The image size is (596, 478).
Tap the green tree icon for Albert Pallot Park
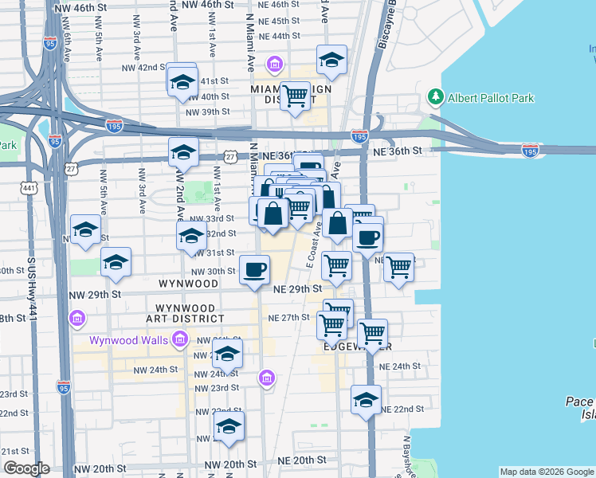pyautogui.click(x=435, y=97)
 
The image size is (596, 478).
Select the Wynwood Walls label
pyautogui.click(x=127, y=340)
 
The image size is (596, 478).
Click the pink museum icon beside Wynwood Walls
pyautogui.click(x=179, y=341)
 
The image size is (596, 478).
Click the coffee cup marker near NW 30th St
pyautogui.click(x=255, y=270)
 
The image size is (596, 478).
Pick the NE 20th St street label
pyautogui.click(x=302, y=460)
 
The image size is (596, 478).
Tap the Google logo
pyautogui.click(x=26, y=468)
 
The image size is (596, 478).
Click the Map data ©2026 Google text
pyautogui.click(x=546, y=472)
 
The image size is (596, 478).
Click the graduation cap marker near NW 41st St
pyautogui.click(x=182, y=81)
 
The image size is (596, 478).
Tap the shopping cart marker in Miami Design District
pyautogui.click(x=296, y=96)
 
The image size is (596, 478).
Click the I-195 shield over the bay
pyautogui.click(x=530, y=150)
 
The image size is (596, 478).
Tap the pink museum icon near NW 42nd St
pyautogui.click(x=274, y=64)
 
